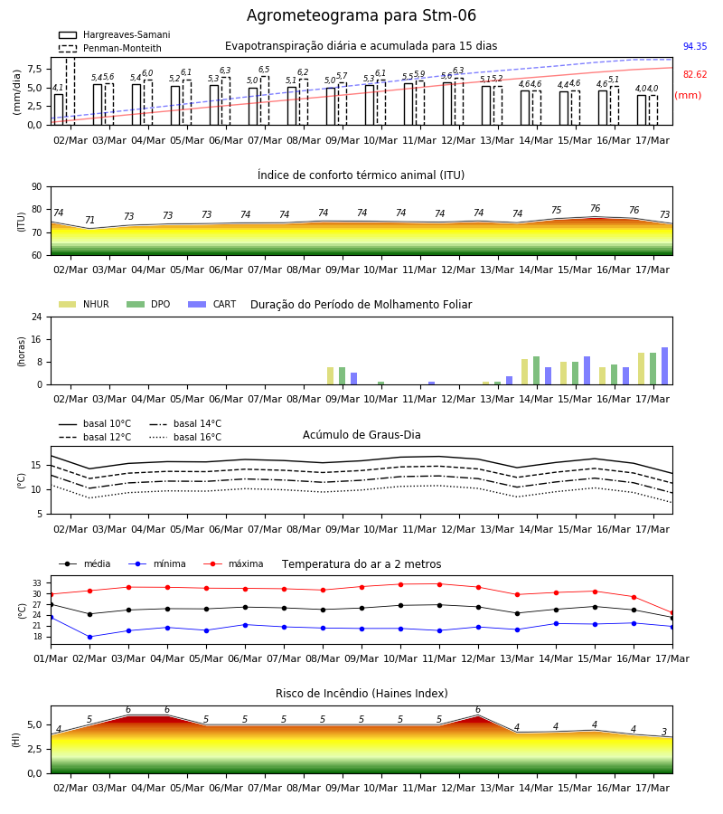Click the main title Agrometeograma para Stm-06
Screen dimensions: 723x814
click(x=361, y=15)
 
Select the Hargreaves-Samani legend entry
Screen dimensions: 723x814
click(x=115, y=34)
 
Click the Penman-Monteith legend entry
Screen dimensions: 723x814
click(x=110, y=48)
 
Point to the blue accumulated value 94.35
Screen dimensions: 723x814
click(x=695, y=46)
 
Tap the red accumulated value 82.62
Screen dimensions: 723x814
click(x=695, y=74)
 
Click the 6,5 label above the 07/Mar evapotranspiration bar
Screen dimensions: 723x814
click(x=264, y=70)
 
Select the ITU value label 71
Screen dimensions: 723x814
click(x=89, y=220)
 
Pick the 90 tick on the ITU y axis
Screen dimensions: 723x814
click(x=37, y=187)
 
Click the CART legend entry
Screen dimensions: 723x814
click(x=212, y=304)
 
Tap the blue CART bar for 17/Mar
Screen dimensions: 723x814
click(x=664, y=366)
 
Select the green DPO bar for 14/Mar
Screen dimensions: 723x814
click(x=536, y=371)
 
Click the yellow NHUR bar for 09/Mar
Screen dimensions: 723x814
click(x=331, y=376)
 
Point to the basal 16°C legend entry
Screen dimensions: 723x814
click(x=185, y=437)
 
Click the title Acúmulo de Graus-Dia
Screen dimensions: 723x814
click(x=361, y=434)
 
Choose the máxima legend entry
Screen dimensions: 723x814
click(x=233, y=563)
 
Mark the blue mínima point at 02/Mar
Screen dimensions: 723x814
click(x=89, y=637)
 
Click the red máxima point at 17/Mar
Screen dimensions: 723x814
click(x=672, y=613)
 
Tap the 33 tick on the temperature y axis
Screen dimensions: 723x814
click(x=37, y=583)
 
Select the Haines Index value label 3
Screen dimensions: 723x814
click(x=664, y=732)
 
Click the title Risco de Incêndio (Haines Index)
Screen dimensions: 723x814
click(x=361, y=694)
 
